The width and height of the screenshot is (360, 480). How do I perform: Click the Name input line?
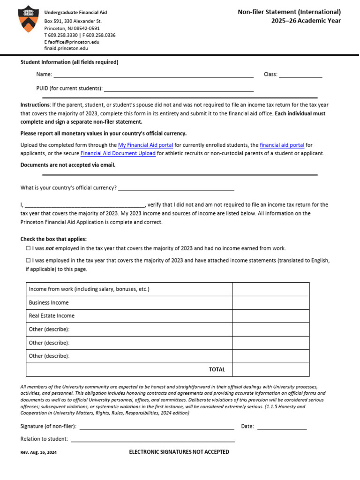click(x=153, y=75)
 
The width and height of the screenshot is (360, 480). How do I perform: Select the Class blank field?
click(x=300, y=75)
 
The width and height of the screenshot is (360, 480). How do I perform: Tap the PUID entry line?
click(x=178, y=90)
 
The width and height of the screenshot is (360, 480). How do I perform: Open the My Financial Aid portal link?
click(x=145, y=145)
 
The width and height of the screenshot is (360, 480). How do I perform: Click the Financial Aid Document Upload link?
click(x=118, y=153)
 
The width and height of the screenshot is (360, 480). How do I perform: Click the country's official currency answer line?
click(x=176, y=189)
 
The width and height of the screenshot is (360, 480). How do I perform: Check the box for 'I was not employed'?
click(x=28, y=248)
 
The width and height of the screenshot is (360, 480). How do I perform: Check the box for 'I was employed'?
click(x=28, y=260)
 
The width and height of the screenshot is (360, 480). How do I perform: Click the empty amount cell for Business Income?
click(x=270, y=303)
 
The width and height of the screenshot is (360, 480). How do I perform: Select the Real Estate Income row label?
click(x=52, y=316)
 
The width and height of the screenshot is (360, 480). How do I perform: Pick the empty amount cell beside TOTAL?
click(x=270, y=369)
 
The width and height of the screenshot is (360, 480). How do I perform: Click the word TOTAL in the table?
click(x=217, y=369)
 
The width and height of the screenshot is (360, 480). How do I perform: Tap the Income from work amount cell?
click(x=270, y=289)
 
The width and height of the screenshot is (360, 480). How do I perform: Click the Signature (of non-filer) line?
click(x=157, y=427)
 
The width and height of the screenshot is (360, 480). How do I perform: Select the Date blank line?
click(x=282, y=427)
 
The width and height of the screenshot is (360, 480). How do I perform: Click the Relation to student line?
click(x=152, y=440)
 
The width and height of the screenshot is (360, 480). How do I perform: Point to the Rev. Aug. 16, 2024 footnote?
click(x=38, y=453)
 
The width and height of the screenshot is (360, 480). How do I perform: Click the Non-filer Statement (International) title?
click(x=289, y=12)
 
